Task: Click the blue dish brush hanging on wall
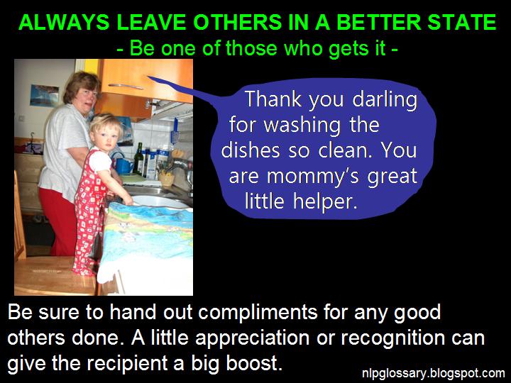[174, 132]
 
